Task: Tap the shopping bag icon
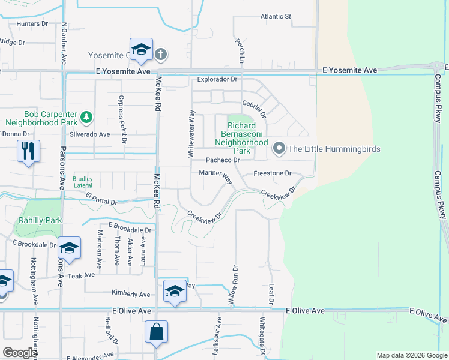156,332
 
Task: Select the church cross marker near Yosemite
160,55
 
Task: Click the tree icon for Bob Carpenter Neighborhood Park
87,115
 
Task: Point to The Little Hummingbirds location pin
279,148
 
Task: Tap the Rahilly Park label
41,220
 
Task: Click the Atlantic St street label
276,16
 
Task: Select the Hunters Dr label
32,23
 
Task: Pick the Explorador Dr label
218,79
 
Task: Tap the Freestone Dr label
272,173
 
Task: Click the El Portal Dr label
109,199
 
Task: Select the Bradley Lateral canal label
83,182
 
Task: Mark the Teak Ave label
82,275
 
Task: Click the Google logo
20,353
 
